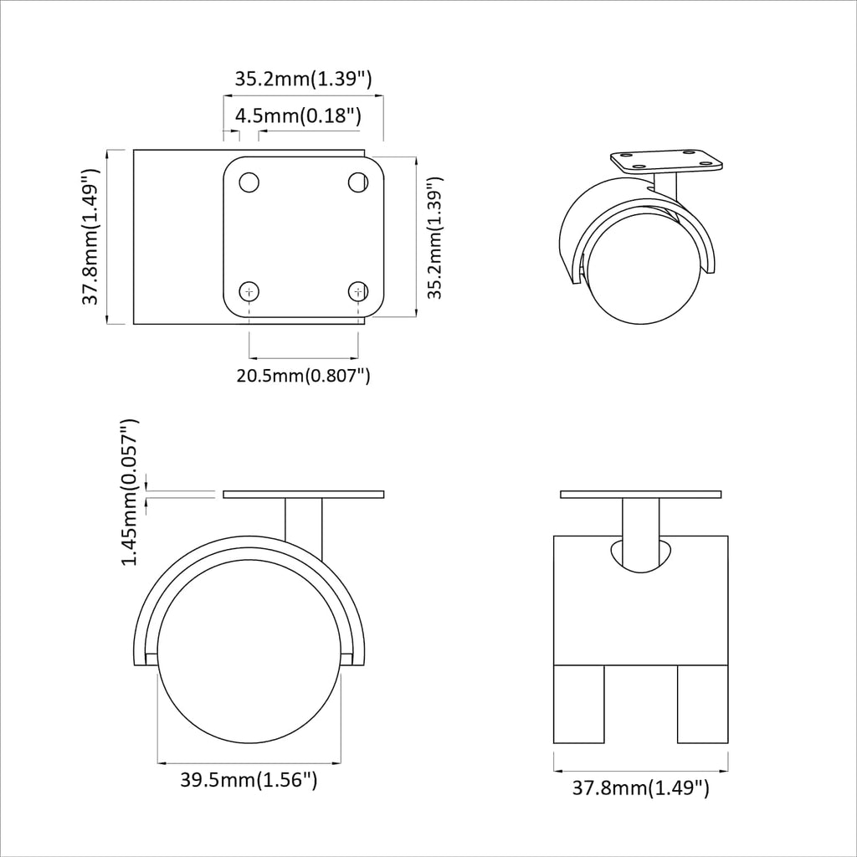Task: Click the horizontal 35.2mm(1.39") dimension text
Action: (x=302, y=80)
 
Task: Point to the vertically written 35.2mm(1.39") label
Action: (x=434, y=237)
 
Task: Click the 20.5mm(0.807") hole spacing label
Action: (x=303, y=375)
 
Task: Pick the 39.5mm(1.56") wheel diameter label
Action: (x=249, y=781)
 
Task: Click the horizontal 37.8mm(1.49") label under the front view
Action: (x=641, y=788)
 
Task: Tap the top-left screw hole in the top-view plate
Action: (x=249, y=182)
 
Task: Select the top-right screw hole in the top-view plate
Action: (x=358, y=182)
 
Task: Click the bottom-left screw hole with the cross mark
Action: (x=249, y=291)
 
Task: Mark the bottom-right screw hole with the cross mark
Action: (x=358, y=291)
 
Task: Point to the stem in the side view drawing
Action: (x=304, y=523)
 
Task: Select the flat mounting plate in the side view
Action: (x=303, y=494)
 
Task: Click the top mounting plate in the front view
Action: (x=641, y=494)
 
